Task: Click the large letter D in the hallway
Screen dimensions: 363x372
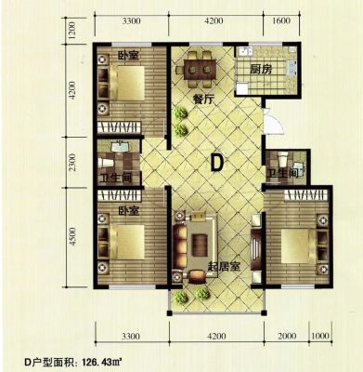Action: coord(216,163)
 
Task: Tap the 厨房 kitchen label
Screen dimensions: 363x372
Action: coord(261,69)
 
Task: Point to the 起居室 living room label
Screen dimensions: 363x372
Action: coord(224,266)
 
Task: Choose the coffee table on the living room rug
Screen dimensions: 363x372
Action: coord(200,245)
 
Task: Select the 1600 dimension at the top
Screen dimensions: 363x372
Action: coord(282,20)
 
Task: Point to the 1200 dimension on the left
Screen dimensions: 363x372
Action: coord(72,31)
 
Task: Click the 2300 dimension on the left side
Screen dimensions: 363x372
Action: coord(72,163)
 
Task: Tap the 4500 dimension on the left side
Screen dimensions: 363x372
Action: coord(72,237)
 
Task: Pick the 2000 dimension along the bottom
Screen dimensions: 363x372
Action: coord(287,336)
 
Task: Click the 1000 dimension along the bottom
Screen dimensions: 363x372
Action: coord(320,336)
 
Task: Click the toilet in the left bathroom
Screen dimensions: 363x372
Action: coord(105,163)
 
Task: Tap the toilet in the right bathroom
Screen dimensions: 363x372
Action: coord(282,159)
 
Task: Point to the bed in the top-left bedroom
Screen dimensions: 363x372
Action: coord(126,83)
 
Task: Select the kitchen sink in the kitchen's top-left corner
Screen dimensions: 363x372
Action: coord(245,51)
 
